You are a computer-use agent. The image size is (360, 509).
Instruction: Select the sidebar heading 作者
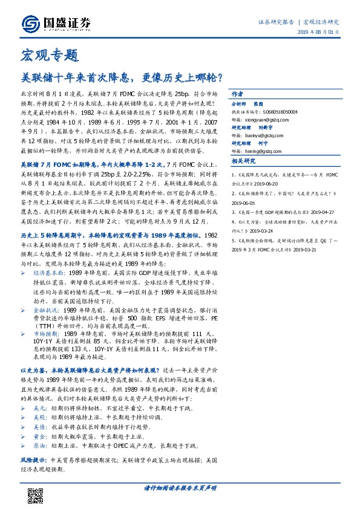coord(237,96)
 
